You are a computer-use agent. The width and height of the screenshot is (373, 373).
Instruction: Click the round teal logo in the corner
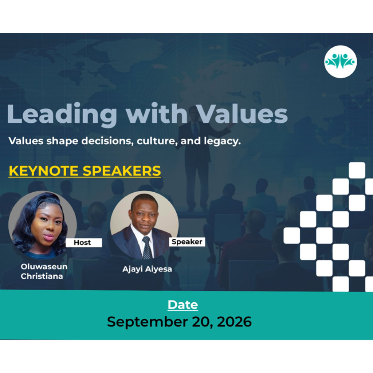pos(341,62)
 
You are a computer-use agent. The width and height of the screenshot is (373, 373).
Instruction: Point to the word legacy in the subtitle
pos(222,141)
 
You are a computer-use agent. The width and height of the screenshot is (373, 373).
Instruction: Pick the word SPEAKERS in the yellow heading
pos(122,171)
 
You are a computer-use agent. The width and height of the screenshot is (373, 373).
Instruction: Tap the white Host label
pos(84,242)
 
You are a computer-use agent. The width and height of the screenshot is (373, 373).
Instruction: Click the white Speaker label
pos(187,242)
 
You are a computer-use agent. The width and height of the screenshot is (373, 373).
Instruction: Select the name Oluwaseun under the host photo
pos(44,267)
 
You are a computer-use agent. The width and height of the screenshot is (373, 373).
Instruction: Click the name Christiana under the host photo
pos(42,276)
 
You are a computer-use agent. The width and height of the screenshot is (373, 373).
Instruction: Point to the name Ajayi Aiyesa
pos(147,269)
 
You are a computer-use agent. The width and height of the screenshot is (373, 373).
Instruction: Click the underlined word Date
pos(183,305)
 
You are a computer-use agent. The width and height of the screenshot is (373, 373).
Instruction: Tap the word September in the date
pos(148,322)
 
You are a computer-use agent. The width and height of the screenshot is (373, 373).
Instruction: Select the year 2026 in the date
pos(234,322)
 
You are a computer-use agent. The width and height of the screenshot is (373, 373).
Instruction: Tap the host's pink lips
pos(49,237)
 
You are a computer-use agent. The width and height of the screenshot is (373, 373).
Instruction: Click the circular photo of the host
pos(43,225)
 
